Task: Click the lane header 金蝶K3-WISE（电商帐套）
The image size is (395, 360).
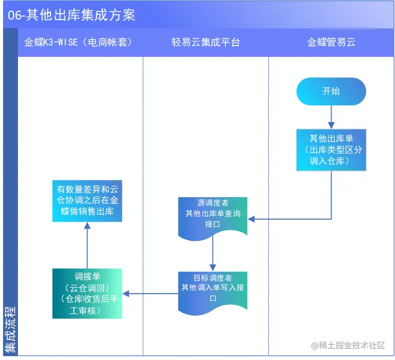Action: point(78,43)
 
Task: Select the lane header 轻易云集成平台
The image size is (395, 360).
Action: point(205,43)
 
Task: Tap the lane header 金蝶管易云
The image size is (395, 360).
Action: point(331,43)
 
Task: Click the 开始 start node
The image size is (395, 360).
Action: point(331,92)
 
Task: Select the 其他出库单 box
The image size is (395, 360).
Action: point(331,150)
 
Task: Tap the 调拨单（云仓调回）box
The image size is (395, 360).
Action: point(87,294)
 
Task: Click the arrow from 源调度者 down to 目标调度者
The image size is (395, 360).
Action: point(213,256)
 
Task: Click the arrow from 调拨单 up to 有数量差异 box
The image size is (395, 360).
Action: point(87,246)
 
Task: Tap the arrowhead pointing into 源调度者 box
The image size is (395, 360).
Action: point(251,219)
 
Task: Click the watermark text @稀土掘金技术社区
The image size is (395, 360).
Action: point(348,345)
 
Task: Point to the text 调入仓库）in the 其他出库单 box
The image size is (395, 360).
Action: point(332,161)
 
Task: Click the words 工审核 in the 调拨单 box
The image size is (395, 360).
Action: point(87,310)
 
